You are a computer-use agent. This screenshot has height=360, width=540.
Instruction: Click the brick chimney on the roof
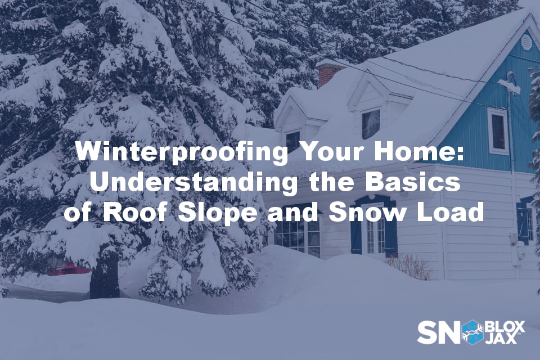pos(328,73)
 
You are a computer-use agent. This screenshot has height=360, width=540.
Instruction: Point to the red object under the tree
pos(67,268)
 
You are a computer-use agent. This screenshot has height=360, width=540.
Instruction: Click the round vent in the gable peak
pos(526,41)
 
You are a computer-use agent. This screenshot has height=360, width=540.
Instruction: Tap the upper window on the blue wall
pos(498,130)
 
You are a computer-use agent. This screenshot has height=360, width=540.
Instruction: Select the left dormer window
pos(293,139)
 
